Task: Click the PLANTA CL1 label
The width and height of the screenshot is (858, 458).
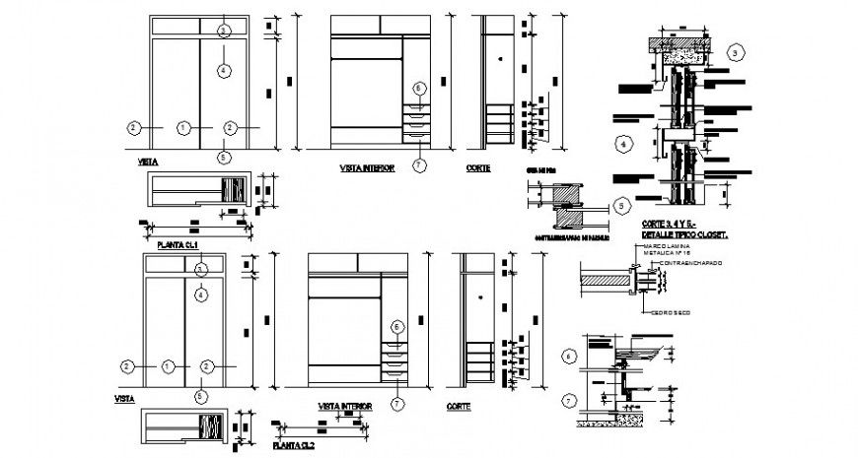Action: (179, 243)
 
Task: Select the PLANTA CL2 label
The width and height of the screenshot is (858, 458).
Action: (293, 445)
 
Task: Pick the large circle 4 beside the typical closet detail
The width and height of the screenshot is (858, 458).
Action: (621, 145)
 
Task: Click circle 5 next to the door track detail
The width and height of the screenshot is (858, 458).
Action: (619, 206)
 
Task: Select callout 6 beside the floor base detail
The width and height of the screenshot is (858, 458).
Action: (568, 356)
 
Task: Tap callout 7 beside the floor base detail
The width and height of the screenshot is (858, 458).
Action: (568, 399)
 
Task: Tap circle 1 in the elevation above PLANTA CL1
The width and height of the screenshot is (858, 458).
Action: (182, 127)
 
